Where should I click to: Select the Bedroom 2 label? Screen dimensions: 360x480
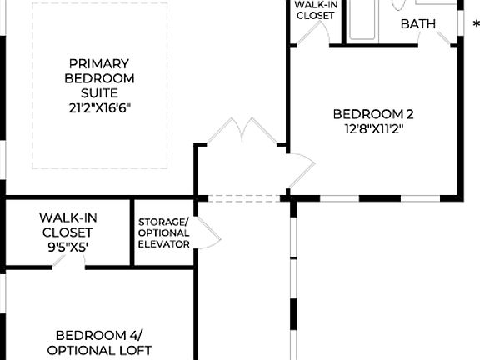point(373,114)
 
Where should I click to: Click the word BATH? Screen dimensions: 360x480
point(418,23)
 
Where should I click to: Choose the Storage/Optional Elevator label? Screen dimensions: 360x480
point(163,232)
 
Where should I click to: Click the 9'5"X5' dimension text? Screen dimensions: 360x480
point(66,247)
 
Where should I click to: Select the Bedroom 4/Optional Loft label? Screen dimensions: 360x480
point(99,342)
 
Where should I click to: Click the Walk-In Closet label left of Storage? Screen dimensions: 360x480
point(67,225)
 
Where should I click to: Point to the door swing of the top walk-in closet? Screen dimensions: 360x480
point(312,33)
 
